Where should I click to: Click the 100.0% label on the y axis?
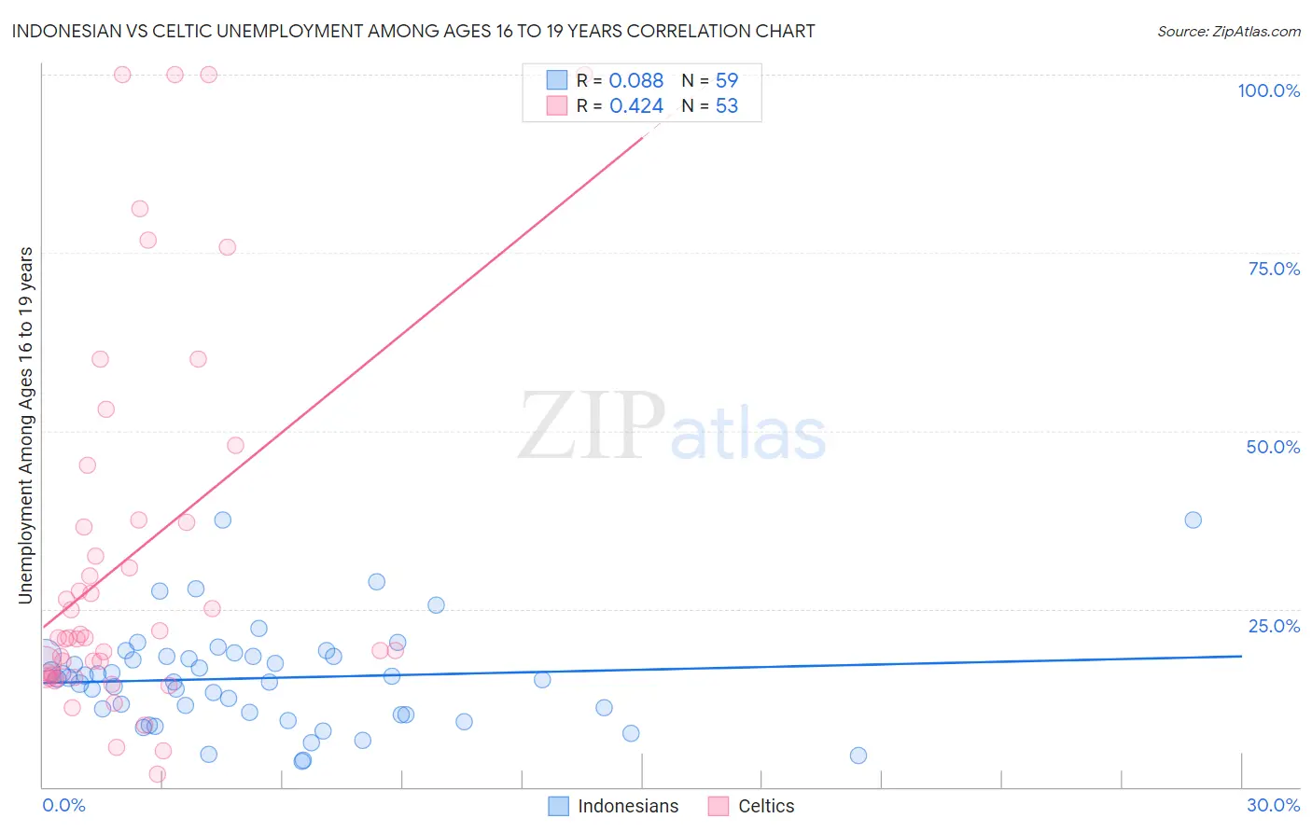point(1268,90)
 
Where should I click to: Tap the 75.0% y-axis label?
point(1274,269)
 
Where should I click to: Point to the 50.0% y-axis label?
point(1273,447)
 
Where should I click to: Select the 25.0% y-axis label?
point(1274,626)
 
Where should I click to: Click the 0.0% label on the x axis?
point(63,805)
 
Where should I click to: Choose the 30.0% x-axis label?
point(1273,805)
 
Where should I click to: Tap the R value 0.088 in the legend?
point(635,81)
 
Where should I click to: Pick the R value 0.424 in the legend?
point(635,106)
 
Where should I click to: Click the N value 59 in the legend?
point(726,81)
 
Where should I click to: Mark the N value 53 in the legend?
point(726,106)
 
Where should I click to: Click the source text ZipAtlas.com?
point(1228,32)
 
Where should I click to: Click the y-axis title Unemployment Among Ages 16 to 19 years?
point(26,425)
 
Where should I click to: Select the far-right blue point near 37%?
point(1193,520)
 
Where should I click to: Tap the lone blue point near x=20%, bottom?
point(858,756)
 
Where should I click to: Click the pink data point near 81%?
point(140,209)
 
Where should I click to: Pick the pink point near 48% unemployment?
point(235,446)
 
